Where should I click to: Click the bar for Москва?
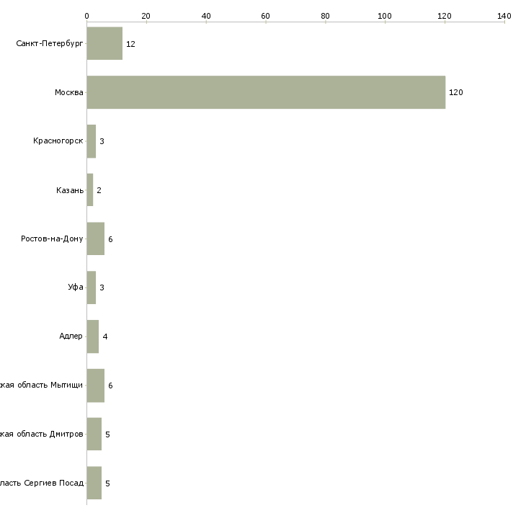coord(266,92)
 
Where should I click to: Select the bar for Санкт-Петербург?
coord(104,43)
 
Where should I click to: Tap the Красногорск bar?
coord(92,141)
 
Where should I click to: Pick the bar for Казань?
coord(90,190)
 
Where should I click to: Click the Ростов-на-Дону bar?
coord(96,239)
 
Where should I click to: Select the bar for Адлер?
coord(93,336)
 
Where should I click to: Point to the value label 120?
coord(455,93)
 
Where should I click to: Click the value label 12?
coord(130,44)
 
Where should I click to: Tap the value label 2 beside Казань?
coord(99,190)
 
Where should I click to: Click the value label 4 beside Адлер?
coord(104,336)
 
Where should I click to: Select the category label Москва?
coord(68,92)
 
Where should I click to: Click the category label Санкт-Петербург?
coord(49,43)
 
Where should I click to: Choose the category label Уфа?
coord(75,287)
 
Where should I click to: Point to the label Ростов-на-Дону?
coord(52,239)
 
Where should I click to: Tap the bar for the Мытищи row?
coord(96,385)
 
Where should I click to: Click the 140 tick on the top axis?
coord(504,15)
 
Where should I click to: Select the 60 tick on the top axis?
coord(265,15)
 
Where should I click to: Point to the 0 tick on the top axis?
coord(86,15)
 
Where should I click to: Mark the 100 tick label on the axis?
coord(385,15)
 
